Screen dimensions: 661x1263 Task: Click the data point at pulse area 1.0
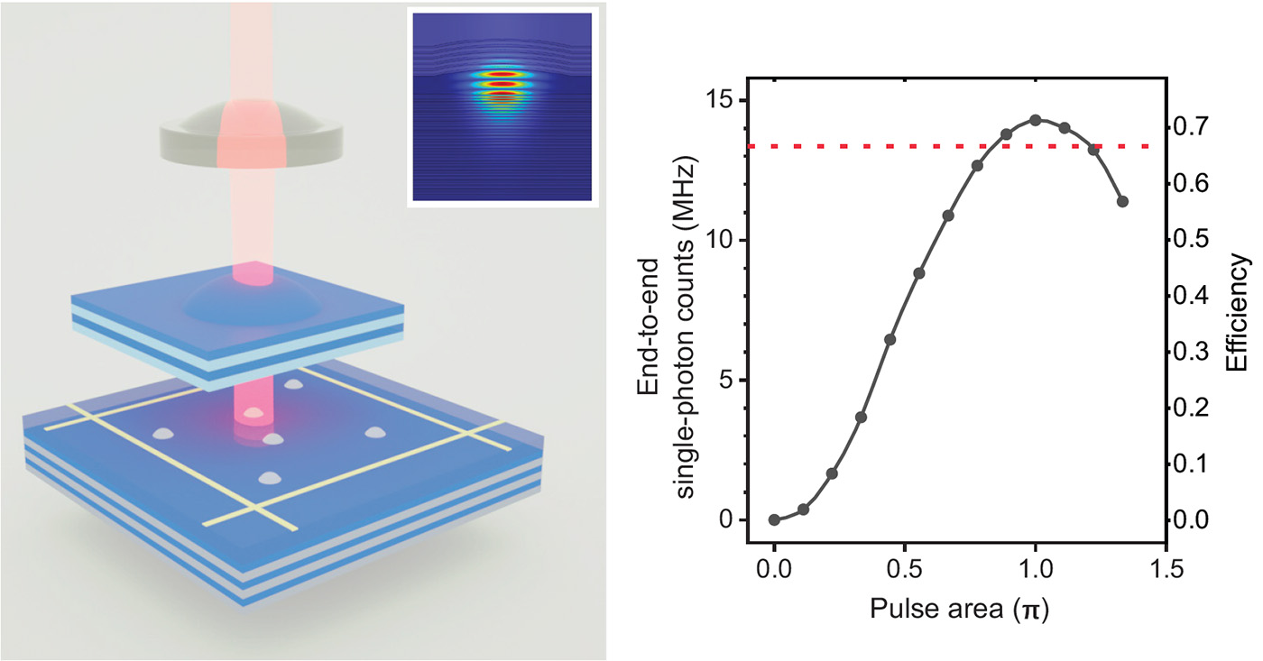click(1036, 120)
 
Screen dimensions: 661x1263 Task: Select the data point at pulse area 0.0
click(774, 519)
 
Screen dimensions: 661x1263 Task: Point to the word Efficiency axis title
click(1238, 311)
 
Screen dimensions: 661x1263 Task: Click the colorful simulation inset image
click(502, 106)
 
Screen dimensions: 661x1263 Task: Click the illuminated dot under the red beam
click(254, 414)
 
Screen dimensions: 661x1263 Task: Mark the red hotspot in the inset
click(502, 84)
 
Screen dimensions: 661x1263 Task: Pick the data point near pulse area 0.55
click(918, 273)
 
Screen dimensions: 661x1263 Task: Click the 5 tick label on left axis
click(726, 381)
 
